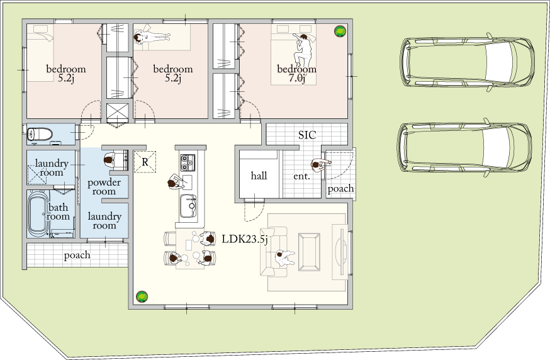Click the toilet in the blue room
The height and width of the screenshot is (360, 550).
coord(39,134)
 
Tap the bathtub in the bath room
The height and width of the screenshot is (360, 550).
coord(38,214)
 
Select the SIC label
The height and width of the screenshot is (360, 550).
coord(307,135)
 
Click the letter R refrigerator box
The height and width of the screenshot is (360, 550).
coord(145,162)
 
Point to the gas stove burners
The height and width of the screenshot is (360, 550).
coord(188,162)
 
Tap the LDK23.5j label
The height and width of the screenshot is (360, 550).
coord(245,239)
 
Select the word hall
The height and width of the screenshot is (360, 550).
coord(259,176)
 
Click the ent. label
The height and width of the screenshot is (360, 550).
coord(301,176)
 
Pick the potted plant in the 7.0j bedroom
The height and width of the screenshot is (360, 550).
coord(340,31)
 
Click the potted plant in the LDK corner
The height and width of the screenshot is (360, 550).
coord(142,297)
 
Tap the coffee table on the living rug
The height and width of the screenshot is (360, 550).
coord(309,252)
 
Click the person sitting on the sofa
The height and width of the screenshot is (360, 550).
coord(285,258)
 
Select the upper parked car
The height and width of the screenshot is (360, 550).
coord(468,62)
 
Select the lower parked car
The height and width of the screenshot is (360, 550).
coord(465,148)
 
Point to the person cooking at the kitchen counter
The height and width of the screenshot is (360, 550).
coord(176,181)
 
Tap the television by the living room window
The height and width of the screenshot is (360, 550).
coord(340,251)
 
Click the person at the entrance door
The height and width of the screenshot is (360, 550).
coord(320,165)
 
